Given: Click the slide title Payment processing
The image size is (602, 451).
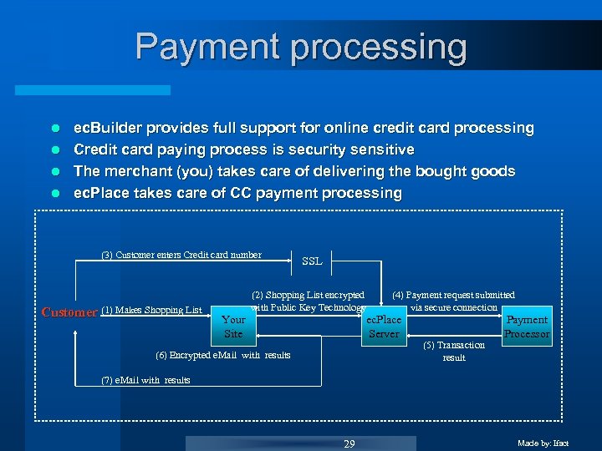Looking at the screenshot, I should click(x=301, y=48).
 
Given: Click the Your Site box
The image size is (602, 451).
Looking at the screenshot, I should click(x=233, y=327).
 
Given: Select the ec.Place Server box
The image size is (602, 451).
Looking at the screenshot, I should click(x=384, y=327).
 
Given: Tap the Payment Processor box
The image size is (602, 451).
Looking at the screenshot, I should click(x=527, y=327).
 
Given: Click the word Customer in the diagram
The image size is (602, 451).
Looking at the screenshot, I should click(x=69, y=312).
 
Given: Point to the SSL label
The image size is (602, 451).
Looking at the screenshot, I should click(x=312, y=261).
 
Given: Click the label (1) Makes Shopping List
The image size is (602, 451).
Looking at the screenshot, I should click(x=151, y=311).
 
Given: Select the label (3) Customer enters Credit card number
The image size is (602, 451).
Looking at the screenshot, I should click(x=181, y=255).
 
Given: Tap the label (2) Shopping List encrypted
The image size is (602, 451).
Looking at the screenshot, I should click(x=308, y=295).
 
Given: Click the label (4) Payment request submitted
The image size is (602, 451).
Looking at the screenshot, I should click(x=453, y=295).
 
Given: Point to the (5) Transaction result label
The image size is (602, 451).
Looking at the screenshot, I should click(x=454, y=351).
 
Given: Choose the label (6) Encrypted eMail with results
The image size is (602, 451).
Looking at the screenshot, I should click(x=223, y=355).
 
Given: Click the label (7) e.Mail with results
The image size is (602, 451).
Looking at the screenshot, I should click(x=145, y=380).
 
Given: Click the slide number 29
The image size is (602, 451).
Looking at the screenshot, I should click(x=349, y=443).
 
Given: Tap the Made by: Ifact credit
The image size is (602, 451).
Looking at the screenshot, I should click(x=543, y=443).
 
